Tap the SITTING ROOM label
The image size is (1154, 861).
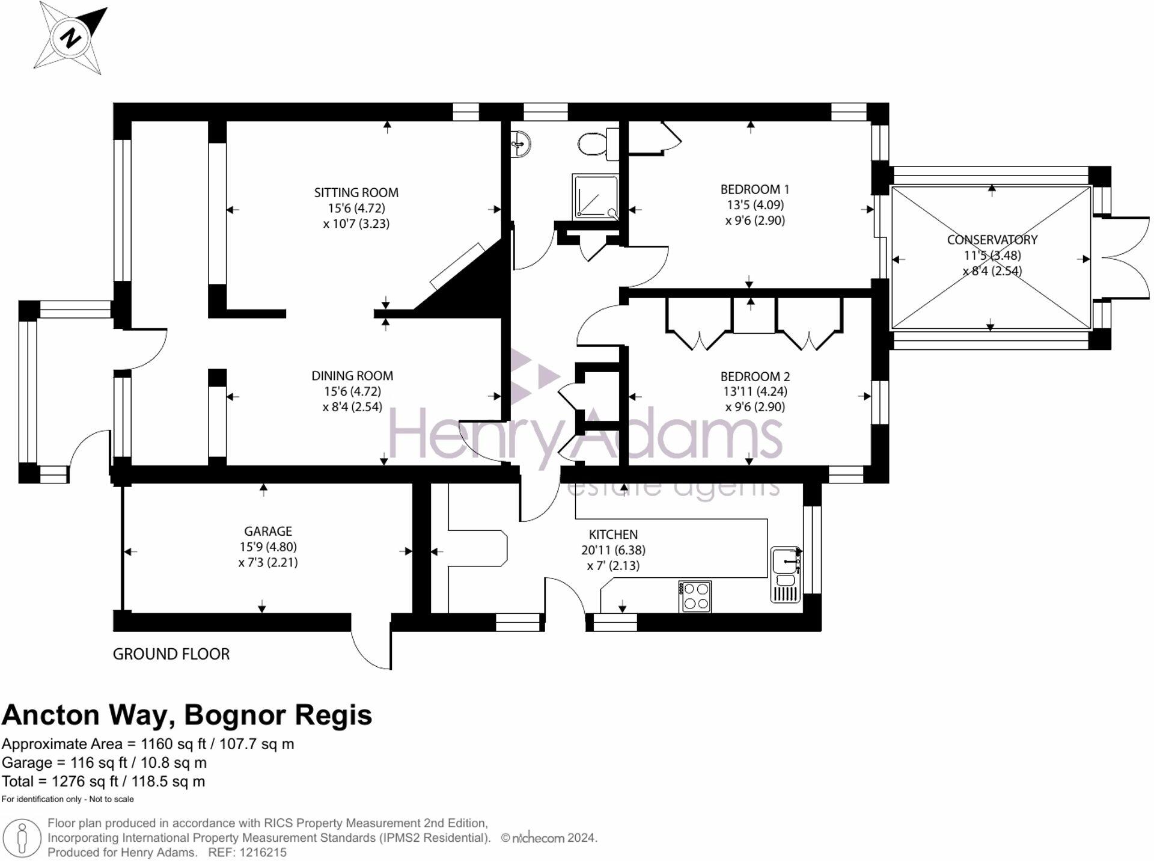pyautogui.click(x=356, y=193)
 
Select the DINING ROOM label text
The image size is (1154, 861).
pyautogui.click(x=352, y=376)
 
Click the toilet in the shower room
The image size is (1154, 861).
pyautogui.click(x=594, y=144)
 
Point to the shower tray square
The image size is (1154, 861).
pyautogui.click(x=595, y=196)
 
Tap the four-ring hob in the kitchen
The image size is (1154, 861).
pyautogui.click(x=695, y=596)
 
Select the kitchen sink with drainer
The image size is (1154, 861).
pyautogui.click(x=786, y=574)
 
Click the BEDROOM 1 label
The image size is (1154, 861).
pyautogui.click(x=755, y=189)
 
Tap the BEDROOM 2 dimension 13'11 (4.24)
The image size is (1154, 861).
pyautogui.click(x=755, y=391)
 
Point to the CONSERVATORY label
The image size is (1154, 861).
pyautogui.click(x=992, y=240)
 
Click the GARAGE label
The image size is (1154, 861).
pyautogui.click(x=268, y=532)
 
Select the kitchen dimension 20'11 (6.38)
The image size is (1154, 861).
pyautogui.click(x=613, y=550)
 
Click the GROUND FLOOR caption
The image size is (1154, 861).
pyautogui.click(x=171, y=654)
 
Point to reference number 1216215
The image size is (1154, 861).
pyautogui.click(x=263, y=853)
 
